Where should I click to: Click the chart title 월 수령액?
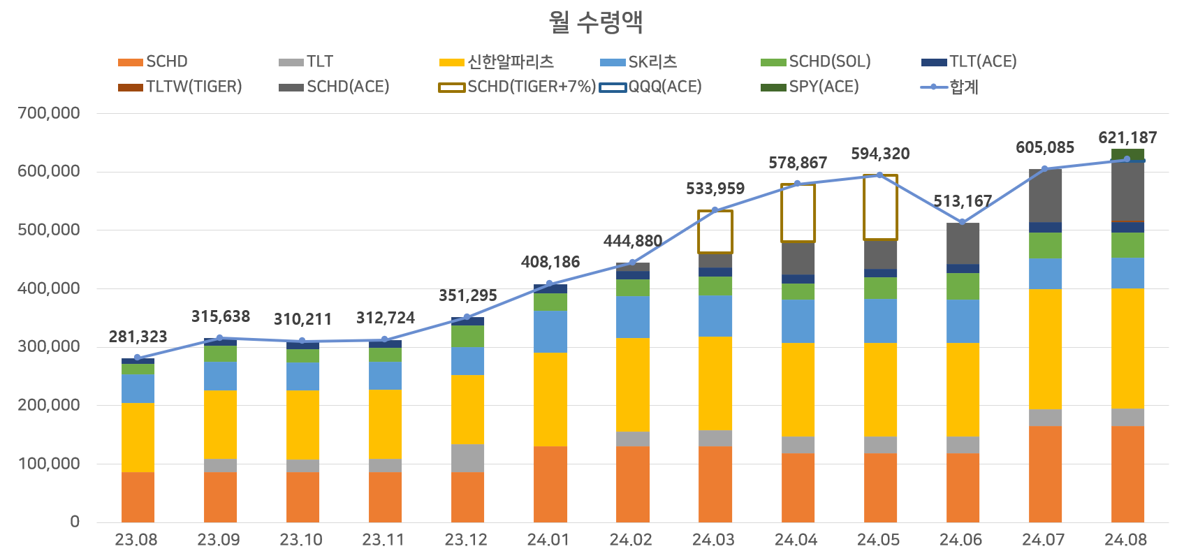[595, 22]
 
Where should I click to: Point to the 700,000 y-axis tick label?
[49, 113]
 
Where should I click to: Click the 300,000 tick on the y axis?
[49, 346]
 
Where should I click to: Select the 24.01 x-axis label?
[548, 540]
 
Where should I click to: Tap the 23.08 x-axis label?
[136, 540]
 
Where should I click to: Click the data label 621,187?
[1127, 138]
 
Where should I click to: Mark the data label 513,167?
[963, 201]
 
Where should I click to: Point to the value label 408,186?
[550, 262]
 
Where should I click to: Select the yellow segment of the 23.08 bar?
[138, 437]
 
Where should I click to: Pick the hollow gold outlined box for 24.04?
[798, 213]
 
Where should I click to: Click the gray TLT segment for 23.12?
[467, 457]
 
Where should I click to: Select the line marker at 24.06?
[963, 222]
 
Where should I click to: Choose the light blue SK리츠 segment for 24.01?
[550, 332]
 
